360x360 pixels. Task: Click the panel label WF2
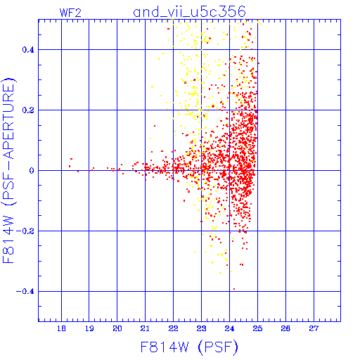pos(70,13)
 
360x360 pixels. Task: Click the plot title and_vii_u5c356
pos(189,12)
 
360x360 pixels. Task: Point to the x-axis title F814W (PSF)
pos(189,347)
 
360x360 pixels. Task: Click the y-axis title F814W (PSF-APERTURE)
pos(9,171)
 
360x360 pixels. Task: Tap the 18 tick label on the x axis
pos(61,328)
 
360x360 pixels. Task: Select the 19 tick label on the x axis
pos(89,328)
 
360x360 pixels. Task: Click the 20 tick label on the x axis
pos(117,328)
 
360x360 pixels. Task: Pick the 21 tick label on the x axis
pos(145,328)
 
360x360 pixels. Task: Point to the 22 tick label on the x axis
pos(173,328)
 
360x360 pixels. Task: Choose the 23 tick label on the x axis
pos(201,328)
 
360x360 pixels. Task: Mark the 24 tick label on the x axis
pos(229,328)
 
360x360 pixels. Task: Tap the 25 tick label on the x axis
pos(257,328)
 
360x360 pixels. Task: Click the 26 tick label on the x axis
pos(285,328)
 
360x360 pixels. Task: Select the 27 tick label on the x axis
pos(314,328)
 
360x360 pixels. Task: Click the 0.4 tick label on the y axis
pos(28,50)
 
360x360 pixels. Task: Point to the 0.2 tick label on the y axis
pos(28,110)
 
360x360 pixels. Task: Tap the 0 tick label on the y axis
pos(32,171)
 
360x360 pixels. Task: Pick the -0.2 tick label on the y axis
pos(25,231)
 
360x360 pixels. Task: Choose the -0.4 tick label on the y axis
pos(25,292)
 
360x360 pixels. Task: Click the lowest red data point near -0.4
pos(234,289)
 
